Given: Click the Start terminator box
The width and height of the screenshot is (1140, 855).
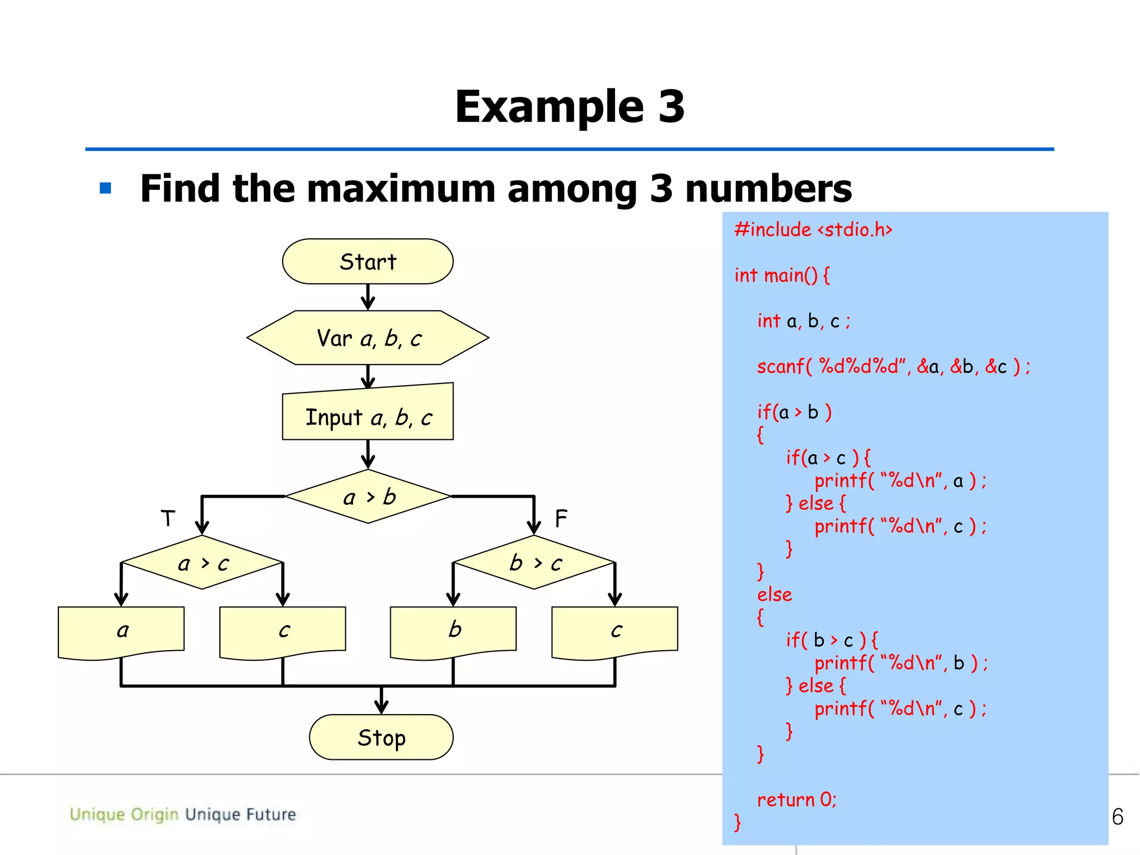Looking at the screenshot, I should pos(367,262).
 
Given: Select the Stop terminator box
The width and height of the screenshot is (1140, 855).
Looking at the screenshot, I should pos(381,738).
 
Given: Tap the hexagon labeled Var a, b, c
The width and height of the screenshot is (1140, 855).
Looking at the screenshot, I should pos(367,338).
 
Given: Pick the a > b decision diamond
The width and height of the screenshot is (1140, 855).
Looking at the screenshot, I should pos(367,497).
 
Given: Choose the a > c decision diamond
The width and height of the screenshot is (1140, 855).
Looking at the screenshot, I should pos(202,563).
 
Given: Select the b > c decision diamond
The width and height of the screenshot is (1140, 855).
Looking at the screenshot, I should pos(534,563).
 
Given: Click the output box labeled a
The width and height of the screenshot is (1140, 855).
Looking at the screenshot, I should pos(121,631).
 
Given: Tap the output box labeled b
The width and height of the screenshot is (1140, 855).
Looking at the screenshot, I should pos(453,631).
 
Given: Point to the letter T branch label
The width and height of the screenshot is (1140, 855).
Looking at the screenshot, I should pos(168,518).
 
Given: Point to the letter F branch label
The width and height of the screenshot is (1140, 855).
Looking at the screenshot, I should pos(561,518).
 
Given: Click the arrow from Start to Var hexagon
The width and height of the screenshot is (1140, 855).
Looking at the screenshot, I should pos(367,297).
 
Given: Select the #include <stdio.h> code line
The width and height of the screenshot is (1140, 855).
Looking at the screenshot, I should pos(813,230).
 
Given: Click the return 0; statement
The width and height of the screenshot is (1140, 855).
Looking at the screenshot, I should pos(797,800).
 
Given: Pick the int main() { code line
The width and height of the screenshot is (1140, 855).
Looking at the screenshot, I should pos(782,276).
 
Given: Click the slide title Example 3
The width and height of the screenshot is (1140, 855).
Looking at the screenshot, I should pos(569,107).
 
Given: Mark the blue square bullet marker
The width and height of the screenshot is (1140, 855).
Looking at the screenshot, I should pos(106,188).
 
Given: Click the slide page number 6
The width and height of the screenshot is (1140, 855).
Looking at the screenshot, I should pos(1117,817).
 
